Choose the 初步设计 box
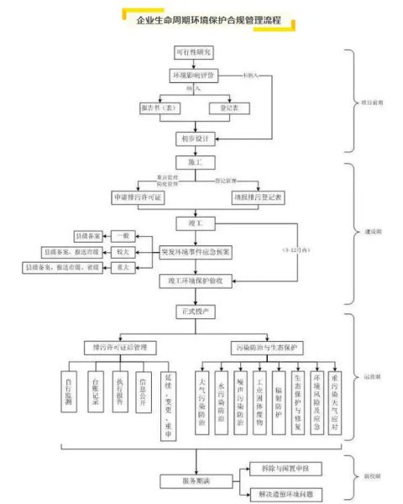(x=194, y=138)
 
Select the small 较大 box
(x=124, y=250)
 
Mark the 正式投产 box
(x=194, y=311)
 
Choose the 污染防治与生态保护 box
(x=267, y=346)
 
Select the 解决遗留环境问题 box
(x=290, y=493)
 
